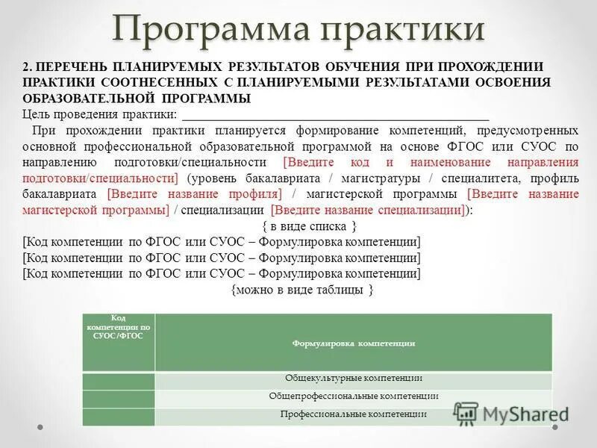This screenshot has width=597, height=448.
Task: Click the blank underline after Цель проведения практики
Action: [x=335, y=116]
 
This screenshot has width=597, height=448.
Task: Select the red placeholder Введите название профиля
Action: [x=195, y=194]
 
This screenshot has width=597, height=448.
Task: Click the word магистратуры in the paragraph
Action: [x=386, y=178]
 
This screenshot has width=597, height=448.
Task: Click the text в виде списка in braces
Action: [x=309, y=225]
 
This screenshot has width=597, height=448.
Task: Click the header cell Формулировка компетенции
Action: [x=354, y=343]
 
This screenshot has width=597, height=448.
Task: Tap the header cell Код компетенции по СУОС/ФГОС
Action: [x=119, y=327]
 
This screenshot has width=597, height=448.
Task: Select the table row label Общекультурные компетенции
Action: [x=354, y=379]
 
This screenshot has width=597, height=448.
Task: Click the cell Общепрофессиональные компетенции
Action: [x=354, y=396]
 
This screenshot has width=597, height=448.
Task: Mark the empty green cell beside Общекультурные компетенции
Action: [x=119, y=380]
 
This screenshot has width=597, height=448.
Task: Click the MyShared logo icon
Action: [x=466, y=413]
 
